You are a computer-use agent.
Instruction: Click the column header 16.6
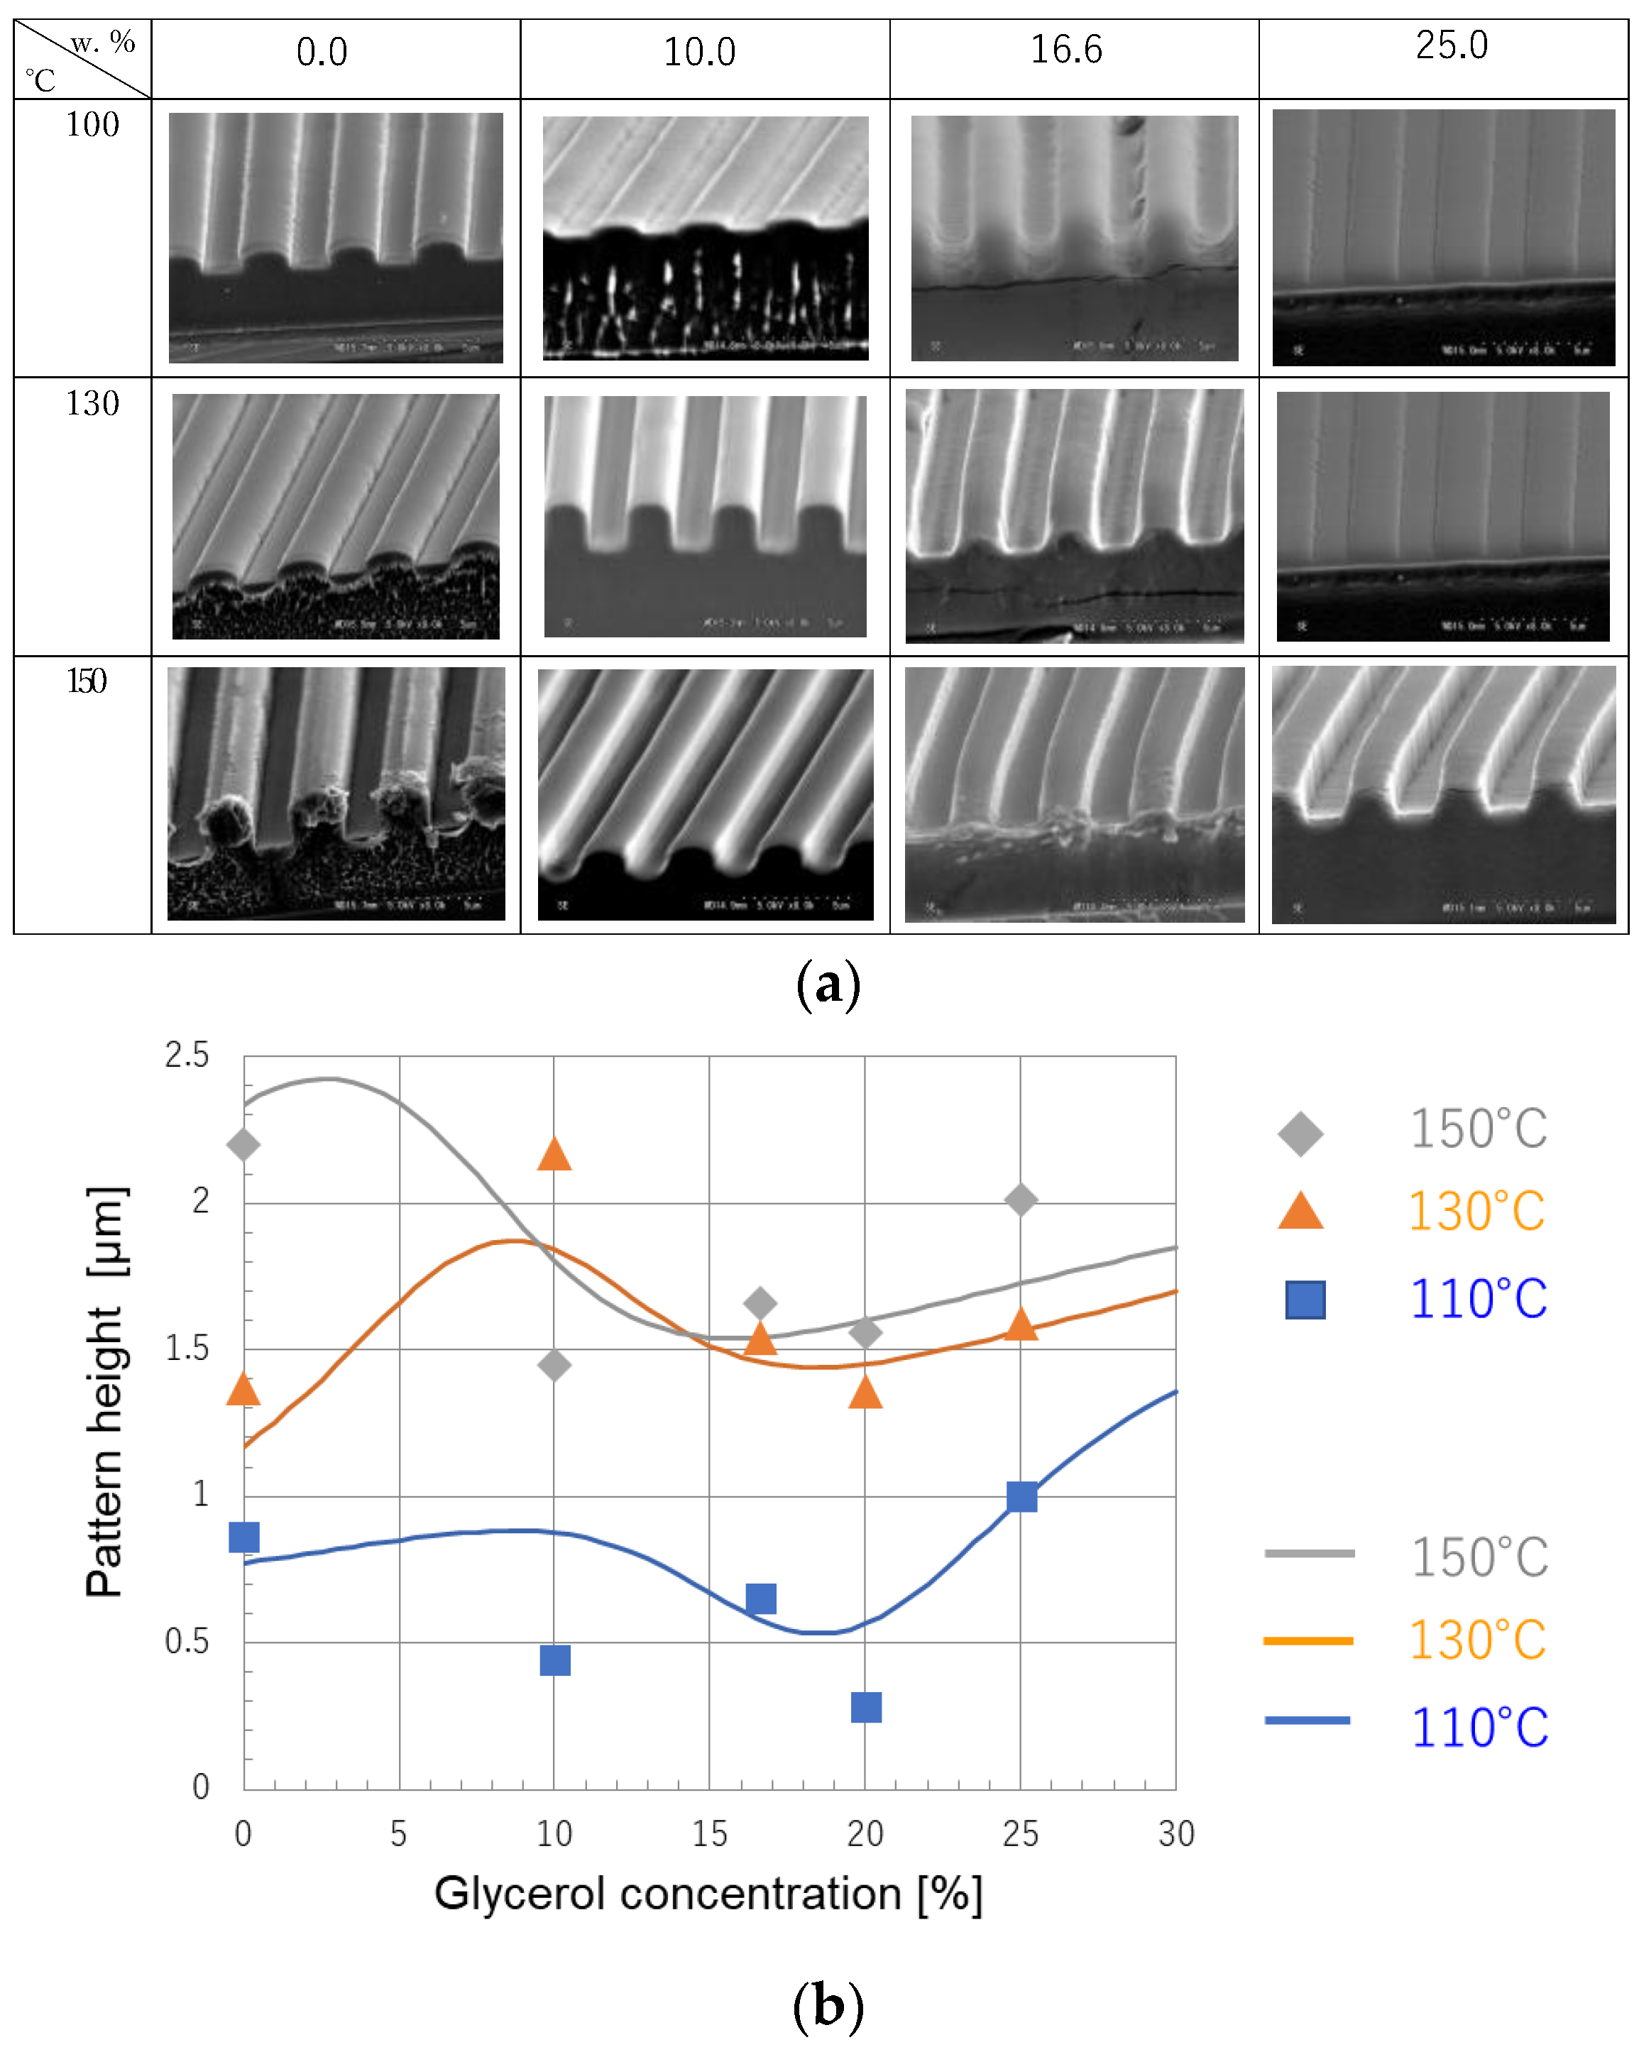[x=1066, y=50]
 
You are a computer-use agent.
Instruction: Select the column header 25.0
[x=1451, y=45]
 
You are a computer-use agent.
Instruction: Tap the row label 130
[x=92, y=404]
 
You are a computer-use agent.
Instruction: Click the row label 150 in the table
[x=87, y=681]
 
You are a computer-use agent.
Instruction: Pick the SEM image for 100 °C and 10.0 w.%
[x=706, y=238]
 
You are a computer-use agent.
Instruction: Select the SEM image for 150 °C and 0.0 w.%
[x=336, y=793]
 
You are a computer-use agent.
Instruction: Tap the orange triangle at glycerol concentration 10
[x=554, y=1155]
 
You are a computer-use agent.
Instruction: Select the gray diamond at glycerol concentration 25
[x=1020, y=1200]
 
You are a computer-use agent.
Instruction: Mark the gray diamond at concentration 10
[x=554, y=1364]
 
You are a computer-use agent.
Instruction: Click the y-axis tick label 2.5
[x=187, y=1055]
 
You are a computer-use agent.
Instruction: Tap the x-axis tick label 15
[x=709, y=1833]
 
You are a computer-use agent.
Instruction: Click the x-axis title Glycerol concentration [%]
[x=708, y=1893]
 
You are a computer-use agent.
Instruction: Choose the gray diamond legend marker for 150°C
[x=1300, y=1133]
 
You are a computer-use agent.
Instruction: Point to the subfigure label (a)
[x=827, y=984]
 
